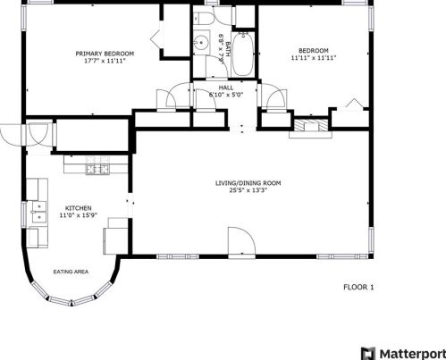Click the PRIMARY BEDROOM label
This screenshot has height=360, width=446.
[x=105, y=54]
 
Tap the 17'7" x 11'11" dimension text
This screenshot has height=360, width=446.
[x=105, y=61]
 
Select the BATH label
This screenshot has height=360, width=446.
[x=228, y=49]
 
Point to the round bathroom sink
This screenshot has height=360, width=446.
[x=202, y=43]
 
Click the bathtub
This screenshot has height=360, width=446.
[x=243, y=54]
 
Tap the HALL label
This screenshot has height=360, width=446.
[x=226, y=88]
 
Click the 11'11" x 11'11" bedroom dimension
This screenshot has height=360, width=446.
[x=314, y=58]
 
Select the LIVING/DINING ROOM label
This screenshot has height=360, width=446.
[x=248, y=183]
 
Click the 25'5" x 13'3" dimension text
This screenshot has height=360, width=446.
[x=248, y=190]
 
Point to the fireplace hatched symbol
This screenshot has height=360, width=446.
[x=311, y=125]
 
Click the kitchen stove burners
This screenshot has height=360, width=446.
[x=97, y=170]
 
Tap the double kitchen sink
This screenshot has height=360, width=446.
[x=39, y=212]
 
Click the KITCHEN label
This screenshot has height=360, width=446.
[x=79, y=208]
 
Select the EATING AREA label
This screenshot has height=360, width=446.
[x=71, y=272]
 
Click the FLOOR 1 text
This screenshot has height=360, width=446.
[x=358, y=288]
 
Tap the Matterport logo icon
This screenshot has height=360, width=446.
[x=368, y=354]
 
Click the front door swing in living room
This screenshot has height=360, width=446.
[x=241, y=241]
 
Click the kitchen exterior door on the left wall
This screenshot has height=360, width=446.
[x=12, y=134]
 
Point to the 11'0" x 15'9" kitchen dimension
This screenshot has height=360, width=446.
[x=79, y=215]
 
